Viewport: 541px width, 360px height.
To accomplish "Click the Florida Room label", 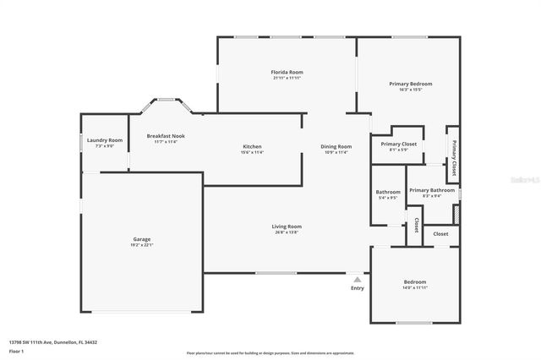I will [287, 73].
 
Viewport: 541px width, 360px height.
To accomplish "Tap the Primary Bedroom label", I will [411, 84].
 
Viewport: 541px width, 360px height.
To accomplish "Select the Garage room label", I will [141, 239].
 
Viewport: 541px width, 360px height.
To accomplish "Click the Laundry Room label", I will [104, 140].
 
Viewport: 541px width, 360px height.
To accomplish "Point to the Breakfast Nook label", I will [166, 136].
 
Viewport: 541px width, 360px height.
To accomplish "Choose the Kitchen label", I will [252, 146].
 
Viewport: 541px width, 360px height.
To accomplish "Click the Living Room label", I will [287, 226].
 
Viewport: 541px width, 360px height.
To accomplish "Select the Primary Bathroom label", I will [431, 190].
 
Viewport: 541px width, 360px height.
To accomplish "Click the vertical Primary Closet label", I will [453, 157].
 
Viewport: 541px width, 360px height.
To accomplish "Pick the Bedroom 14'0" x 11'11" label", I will [414, 282].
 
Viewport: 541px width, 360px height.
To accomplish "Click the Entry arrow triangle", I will [358, 279].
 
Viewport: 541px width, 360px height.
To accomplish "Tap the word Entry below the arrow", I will [358, 288].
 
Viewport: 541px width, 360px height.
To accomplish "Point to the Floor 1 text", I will [17, 350].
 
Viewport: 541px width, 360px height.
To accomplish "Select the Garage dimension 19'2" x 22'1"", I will [141, 245].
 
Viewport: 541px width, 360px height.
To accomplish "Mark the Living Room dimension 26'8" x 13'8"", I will [287, 232].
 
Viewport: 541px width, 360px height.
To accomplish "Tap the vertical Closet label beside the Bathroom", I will [416, 226].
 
